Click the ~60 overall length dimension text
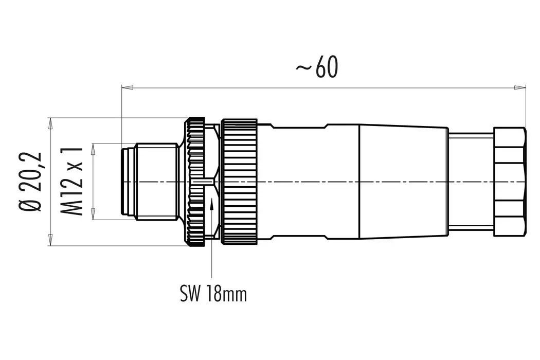pyautogui.click(x=317, y=69)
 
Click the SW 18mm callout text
pyautogui.click(x=213, y=294)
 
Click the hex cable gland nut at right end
pyautogui.click(x=510, y=182)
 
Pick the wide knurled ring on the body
pyautogui.click(x=239, y=182)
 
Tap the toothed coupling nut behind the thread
pyautogui.click(x=195, y=182)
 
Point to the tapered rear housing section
pyautogui.click(x=401, y=182)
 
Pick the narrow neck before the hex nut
pyautogui.click(x=470, y=182)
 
